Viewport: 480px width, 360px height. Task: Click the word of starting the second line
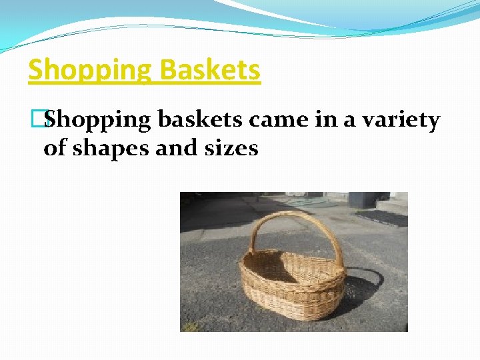click(55, 148)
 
